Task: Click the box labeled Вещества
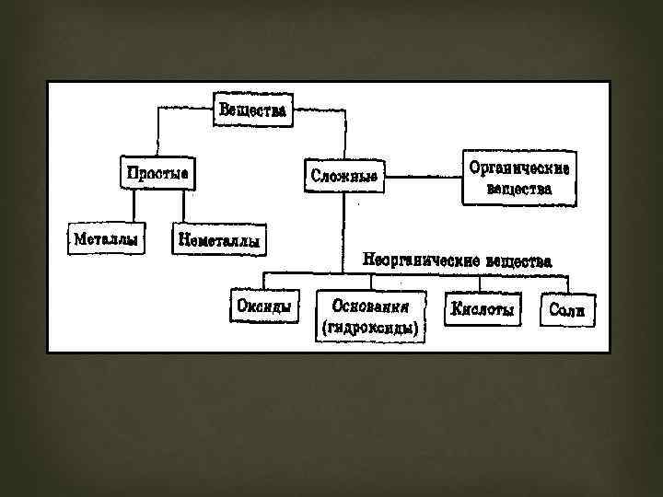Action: point(252,110)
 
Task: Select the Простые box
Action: point(157,172)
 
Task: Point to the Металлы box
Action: point(106,238)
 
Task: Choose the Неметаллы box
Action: point(217,241)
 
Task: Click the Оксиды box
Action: point(264,306)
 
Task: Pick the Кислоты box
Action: point(482,309)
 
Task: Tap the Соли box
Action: point(566,310)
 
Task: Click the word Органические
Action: point(519,168)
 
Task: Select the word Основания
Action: point(372,305)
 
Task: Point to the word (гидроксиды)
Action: point(371,327)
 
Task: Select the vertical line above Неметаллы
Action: point(185,205)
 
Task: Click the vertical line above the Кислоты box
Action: point(480,283)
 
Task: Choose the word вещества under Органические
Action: point(519,190)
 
